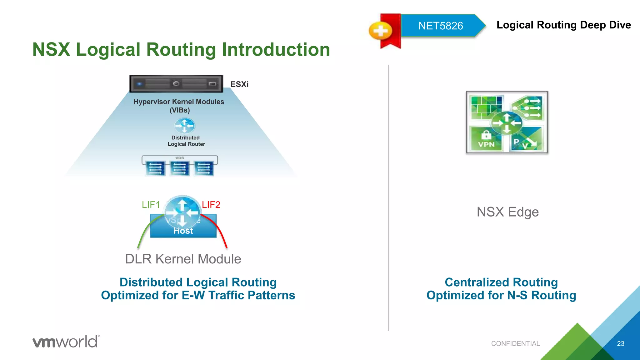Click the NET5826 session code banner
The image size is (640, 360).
coord(440,26)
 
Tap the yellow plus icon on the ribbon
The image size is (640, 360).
coord(380,31)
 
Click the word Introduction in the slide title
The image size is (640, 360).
coord(276,50)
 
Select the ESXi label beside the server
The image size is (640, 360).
coord(239,84)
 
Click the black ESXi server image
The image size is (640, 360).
coord(176,84)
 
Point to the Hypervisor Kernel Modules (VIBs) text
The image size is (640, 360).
coord(179,106)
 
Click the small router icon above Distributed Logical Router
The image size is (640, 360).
coord(184,126)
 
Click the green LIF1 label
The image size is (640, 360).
coord(151,205)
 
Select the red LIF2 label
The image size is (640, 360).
coord(211,205)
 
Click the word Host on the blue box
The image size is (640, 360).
coord(183,231)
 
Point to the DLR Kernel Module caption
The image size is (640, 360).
coord(183,259)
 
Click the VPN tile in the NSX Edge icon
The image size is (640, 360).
coord(486,139)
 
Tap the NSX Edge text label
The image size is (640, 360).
coord(507,212)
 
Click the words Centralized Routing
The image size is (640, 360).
coord(501,282)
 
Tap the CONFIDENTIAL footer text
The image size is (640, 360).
coord(515,343)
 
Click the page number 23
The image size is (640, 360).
coord(620,343)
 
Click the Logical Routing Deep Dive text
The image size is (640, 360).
coord(563,25)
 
